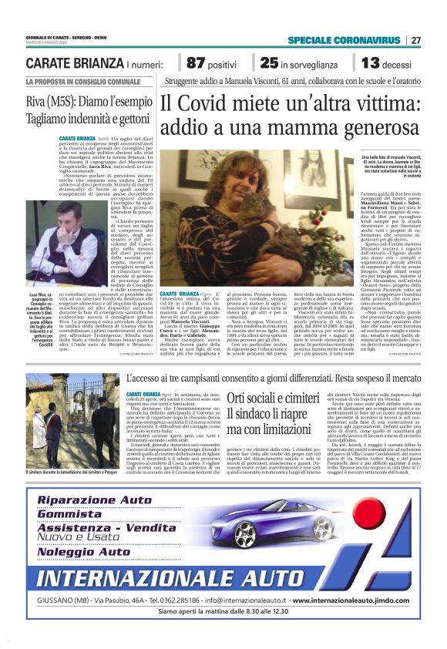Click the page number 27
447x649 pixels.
tap(415, 40)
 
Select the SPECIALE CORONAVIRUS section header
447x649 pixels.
tap(344, 40)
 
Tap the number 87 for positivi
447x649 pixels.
tap(197, 63)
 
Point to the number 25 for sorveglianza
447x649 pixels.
tap(269, 63)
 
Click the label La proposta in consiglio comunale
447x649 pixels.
tap(77, 82)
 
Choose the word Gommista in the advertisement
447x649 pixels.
tap(69, 514)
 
